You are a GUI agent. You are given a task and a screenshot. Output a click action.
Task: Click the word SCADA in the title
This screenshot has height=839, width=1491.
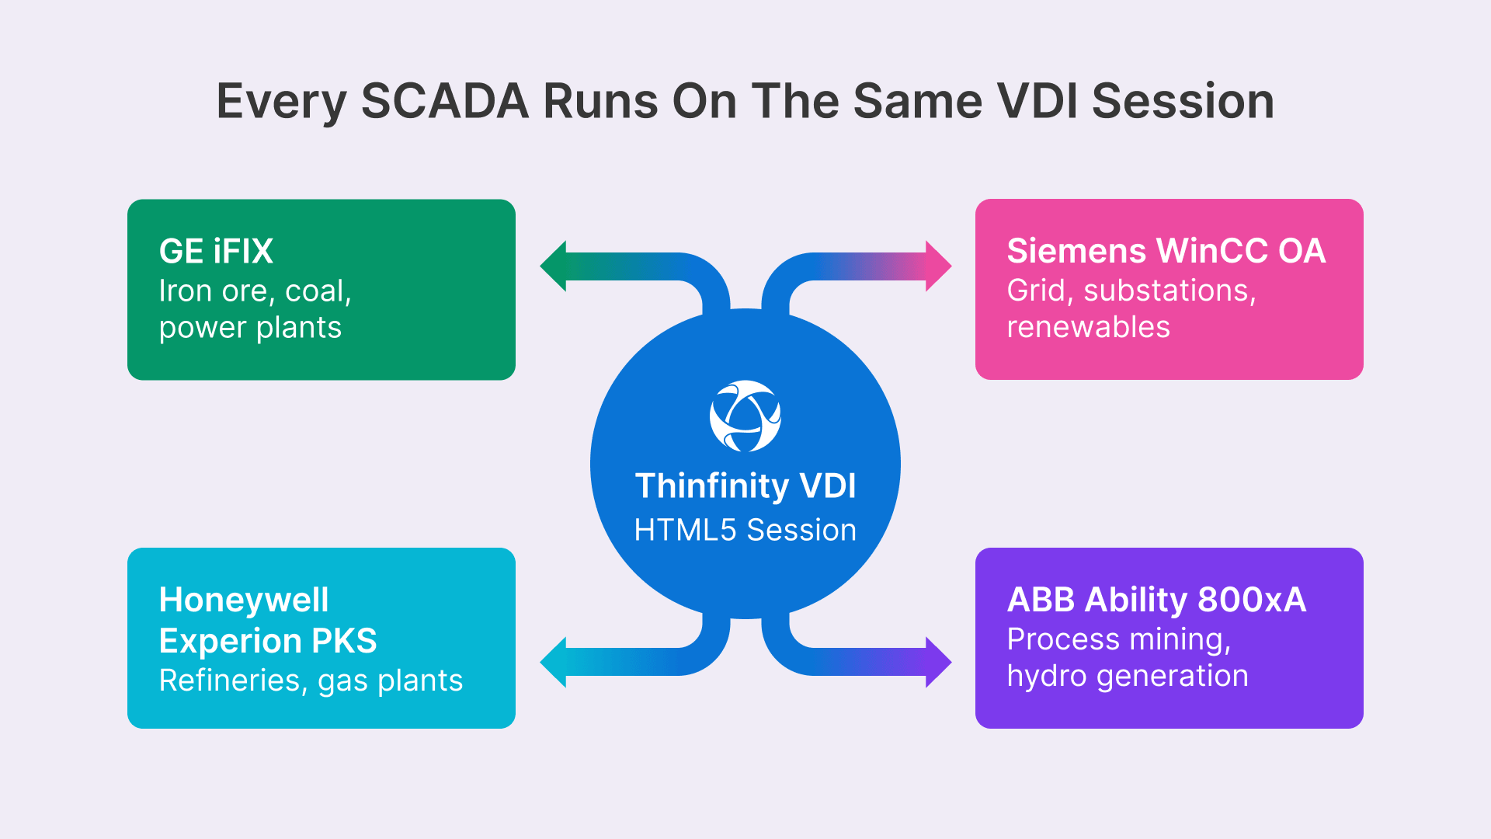tap(445, 101)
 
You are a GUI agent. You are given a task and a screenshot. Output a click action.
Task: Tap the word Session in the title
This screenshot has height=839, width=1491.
tap(1183, 101)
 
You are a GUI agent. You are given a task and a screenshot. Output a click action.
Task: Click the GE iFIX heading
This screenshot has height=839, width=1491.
tap(216, 252)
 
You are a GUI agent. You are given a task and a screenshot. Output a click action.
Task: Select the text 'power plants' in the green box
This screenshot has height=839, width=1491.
tap(250, 328)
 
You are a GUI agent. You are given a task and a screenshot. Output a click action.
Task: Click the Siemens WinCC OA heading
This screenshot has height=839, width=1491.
tap(1166, 251)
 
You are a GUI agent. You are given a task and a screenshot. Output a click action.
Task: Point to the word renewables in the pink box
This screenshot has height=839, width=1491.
tap(1088, 327)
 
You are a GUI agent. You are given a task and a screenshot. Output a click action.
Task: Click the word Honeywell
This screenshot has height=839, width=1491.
tap(244, 600)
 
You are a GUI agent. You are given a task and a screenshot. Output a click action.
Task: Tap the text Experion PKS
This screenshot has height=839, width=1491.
tap(268, 641)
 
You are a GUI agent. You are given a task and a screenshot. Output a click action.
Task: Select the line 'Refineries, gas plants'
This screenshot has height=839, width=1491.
tap(311, 681)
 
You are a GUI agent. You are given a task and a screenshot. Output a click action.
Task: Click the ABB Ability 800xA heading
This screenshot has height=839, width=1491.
tap(1156, 600)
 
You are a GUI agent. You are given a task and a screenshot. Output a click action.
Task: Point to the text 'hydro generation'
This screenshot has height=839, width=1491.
tap(1128, 676)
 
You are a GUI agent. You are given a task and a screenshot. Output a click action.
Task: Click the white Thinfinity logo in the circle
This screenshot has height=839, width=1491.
tap(745, 416)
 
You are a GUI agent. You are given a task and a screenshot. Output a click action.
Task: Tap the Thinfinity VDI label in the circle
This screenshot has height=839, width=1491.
tap(745, 486)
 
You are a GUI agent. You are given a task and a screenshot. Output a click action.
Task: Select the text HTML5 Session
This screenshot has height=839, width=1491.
tap(745, 531)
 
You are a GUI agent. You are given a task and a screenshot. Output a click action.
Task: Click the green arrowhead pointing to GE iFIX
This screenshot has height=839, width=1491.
tap(553, 266)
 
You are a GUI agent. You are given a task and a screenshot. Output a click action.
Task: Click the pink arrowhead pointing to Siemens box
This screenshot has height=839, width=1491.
tap(938, 266)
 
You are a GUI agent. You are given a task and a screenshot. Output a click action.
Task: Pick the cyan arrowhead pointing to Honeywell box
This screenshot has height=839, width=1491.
tap(553, 662)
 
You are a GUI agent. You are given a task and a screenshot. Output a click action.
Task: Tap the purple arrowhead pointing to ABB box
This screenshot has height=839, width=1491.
tap(938, 662)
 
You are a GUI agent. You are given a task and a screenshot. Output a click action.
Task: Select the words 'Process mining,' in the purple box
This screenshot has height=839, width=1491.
tap(1119, 639)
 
